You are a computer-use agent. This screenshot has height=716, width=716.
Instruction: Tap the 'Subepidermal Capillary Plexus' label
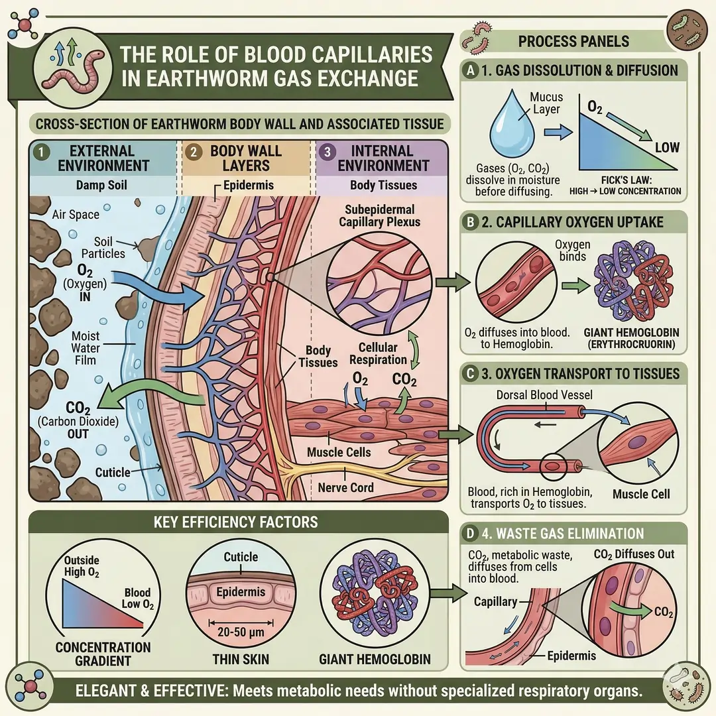(x=379, y=214)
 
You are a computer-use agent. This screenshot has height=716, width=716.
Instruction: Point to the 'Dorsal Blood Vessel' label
(x=544, y=395)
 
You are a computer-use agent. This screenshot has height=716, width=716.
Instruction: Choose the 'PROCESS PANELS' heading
(x=573, y=41)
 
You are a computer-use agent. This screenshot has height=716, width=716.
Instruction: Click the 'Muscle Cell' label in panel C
(x=640, y=493)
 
